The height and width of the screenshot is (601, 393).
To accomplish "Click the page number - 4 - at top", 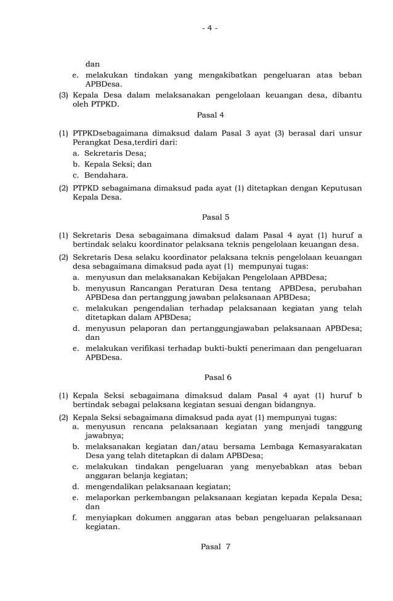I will click(209, 28).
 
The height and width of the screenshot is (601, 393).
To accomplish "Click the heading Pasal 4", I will click(211, 115).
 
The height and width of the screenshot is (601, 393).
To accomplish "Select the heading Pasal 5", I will click(216, 217).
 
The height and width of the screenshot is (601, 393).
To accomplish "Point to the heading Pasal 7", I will click(215, 547).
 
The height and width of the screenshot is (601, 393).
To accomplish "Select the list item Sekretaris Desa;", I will click(115, 153).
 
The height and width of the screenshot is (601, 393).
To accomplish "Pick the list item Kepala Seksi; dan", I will click(118, 164).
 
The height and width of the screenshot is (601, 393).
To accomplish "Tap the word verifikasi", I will click(153, 347).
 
